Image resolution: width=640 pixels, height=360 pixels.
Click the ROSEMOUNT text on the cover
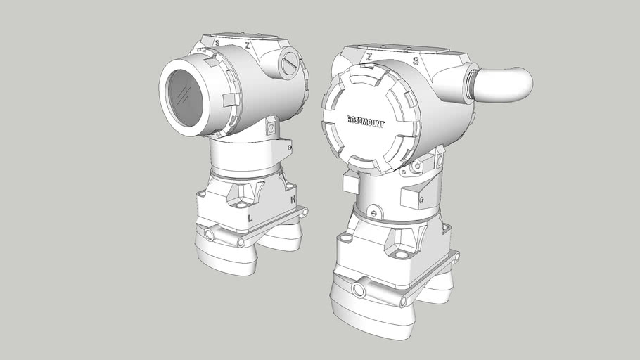(365, 121)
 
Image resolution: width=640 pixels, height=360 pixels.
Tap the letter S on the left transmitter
(217, 43)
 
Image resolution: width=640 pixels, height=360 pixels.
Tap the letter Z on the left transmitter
(247, 44)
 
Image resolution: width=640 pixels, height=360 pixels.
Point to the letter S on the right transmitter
(416, 61)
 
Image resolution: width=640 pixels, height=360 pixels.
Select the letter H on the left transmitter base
(293, 200)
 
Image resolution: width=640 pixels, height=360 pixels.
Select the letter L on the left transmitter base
(250, 218)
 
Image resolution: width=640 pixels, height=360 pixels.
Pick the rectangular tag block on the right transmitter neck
(350, 183)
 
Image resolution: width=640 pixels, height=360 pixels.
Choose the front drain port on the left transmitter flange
(210, 233)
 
